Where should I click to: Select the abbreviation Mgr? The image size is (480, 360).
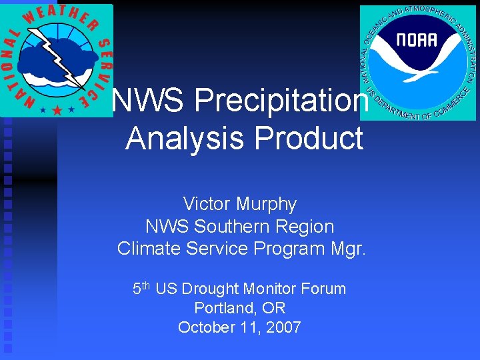tap(348, 249)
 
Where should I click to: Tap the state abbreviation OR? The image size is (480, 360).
tap(275, 308)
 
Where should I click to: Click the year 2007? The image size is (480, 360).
tap(283, 327)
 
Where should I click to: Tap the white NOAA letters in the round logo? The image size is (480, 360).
tap(417, 39)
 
